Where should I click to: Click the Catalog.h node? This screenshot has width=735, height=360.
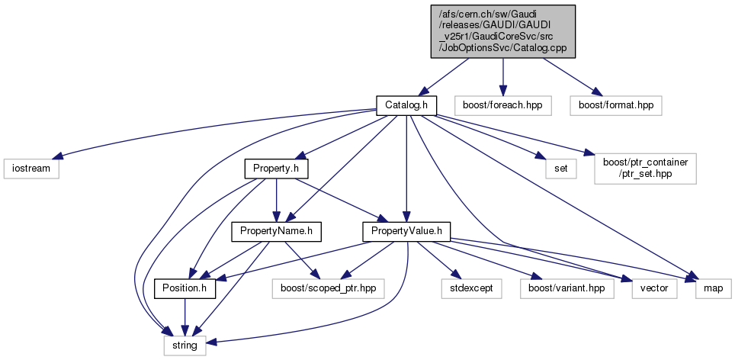pyautogui.click(x=405, y=104)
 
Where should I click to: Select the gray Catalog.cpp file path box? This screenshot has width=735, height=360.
pyautogui.click(x=502, y=31)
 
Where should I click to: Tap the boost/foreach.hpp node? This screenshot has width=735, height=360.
pyautogui.click(x=502, y=104)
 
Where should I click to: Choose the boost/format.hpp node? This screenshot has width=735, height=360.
pyautogui.click(x=615, y=104)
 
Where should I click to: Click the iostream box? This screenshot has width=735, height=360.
pyautogui.click(x=30, y=168)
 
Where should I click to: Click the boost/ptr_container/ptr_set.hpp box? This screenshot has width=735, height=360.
pyautogui.click(x=645, y=168)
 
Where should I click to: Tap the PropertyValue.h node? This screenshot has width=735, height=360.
pyautogui.click(x=406, y=230)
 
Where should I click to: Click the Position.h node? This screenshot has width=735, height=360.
pyautogui.click(x=185, y=289)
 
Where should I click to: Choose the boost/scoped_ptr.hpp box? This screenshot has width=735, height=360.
pyautogui.click(x=326, y=289)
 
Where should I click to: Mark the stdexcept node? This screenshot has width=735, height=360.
pyautogui.click(x=467, y=289)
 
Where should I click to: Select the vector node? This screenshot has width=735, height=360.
pyautogui.click(x=653, y=289)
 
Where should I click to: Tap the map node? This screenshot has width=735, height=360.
pyautogui.click(x=713, y=289)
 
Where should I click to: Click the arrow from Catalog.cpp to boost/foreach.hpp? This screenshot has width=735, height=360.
pyautogui.click(x=502, y=75)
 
